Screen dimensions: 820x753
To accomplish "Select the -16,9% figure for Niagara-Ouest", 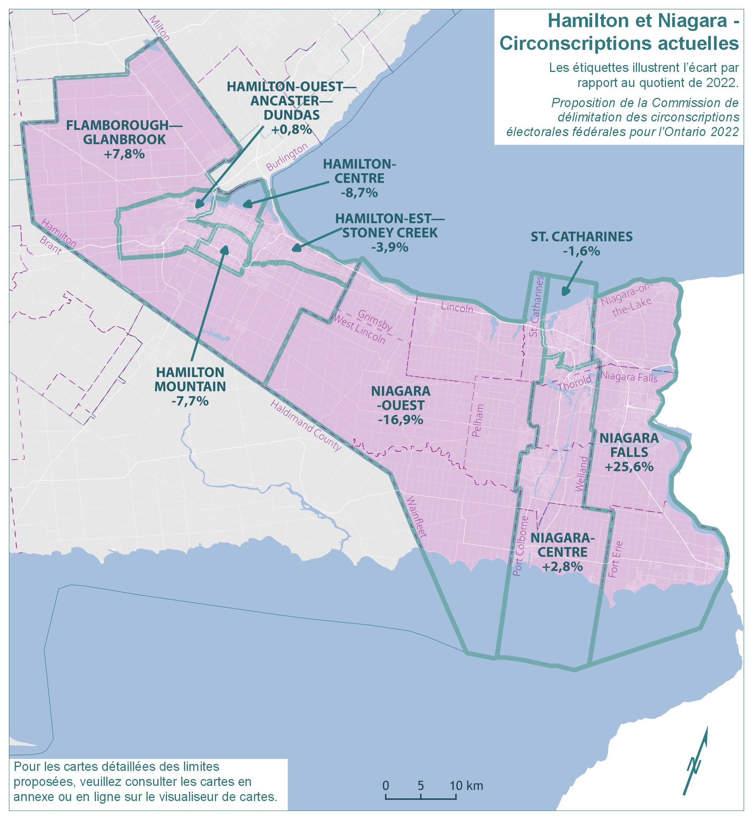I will pyautogui.click(x=400, y=420).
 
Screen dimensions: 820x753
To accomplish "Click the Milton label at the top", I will pyautogui.click(x=160, y=29).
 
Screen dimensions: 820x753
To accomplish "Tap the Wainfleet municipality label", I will pyautogui.click(x=416, y=517).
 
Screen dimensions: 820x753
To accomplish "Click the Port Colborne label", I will pyautogui.click(x=521, y=546).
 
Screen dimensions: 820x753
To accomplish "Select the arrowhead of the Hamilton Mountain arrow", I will pyautogui.click(x=225, y=249).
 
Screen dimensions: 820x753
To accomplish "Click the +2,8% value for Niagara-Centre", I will pyautogui.click(x=562, y=567).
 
